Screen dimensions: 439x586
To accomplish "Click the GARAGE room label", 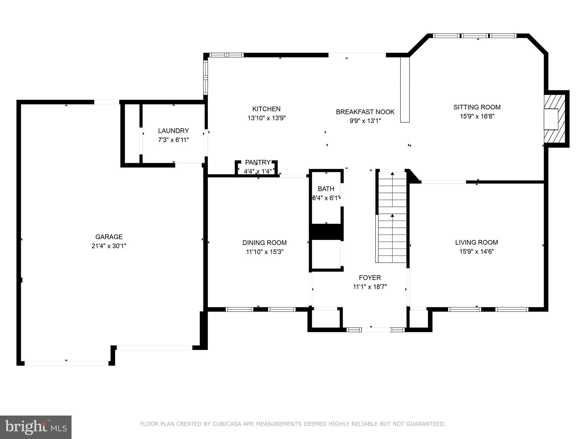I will pyautogui.click(x=109, y=237).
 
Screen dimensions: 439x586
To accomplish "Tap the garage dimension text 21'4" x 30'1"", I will pyautogui.click(x=109, y=246).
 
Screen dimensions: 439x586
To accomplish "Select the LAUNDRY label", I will pyautogui.click(x=173, y=131).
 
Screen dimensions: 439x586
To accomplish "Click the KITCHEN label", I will pyautogui.click(x=266, y=109).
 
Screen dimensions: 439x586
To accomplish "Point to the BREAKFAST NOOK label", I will pyautogui.click(x=365, y=112).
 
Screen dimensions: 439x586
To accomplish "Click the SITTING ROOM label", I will pyautogui.click(x=477, y=107).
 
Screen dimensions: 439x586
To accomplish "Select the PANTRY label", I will pyautogui.click(x=258, y=162).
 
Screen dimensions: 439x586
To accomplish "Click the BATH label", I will pyautogui.click(x=326, y=189).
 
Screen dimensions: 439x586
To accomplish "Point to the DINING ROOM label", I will pyautogui.click(x=264, y=243).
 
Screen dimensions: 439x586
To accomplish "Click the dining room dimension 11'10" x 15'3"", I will pyautogui.click(x=264, y=252).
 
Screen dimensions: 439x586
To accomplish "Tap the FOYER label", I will pyautogui.click(x=370, y=278).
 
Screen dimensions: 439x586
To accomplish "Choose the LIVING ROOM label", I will pyautogui.click(x=476, y=242).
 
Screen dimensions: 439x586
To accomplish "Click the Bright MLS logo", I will pyautogui.click(x=35, y=427).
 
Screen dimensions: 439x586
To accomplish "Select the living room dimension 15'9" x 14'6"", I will pyautogui.click(x=476, y=252).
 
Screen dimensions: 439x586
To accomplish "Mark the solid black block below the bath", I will pyautogui.click(x=326, y=232).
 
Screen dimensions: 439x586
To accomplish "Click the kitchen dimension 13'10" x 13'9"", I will pyautogui.click(x=266, y=118).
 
